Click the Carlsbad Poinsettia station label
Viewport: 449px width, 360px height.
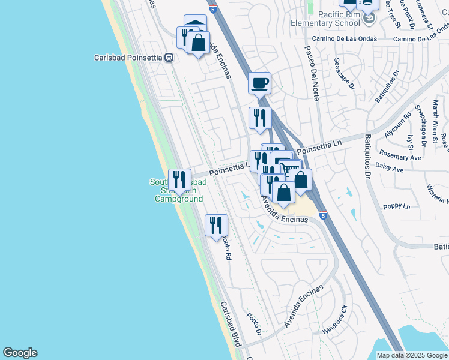pyautogui.click(x=130, y=58)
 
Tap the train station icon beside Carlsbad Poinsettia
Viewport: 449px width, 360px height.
pyautogui.click(x=170, y=58)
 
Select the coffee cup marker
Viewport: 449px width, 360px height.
pyautogui.click(x=260, y=83)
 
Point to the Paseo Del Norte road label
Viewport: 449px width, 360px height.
pyautogui.click(x=312, y=73)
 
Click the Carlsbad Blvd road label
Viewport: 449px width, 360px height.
pyautogui.click(x=230, y=324)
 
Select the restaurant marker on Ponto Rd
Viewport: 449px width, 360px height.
pyautogui.click(x=216, y=226)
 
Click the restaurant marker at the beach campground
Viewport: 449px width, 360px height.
pyautogui.click(x=179, y=179)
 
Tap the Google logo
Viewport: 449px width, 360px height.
pyautogui.click(x=20, y=353)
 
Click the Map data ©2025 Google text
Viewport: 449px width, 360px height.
pyautogui.click(x=411, y=355)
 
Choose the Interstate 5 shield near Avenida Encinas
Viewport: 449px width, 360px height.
pyautogui.click(x=324, y=215)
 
